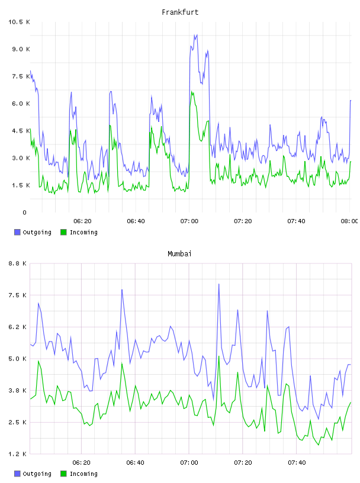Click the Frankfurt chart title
[x=180, y=12]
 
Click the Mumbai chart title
[x=179, y=253]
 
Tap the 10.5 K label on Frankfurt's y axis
[x=19, y=22]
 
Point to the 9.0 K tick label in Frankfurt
[x=21, y=49]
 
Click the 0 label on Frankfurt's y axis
[x=24, y=212]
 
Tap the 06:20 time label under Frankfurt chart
[x=82, y=221]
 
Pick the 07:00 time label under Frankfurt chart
[x=189, y=221]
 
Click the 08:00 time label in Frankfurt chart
[x=349, y=221]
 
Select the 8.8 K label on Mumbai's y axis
[x=17, y=263]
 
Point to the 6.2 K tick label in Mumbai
[x=17, y=327]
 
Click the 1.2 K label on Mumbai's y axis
[x=17, y=454]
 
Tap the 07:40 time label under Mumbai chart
[x=297, y=463]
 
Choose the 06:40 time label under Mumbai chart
[x=136, y=463]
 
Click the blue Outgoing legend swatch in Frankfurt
[x=17, y=232]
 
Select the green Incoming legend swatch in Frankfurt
[x=63, y=232]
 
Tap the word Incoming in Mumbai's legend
[x=83, y=474]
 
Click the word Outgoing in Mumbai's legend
[x=37, y=474]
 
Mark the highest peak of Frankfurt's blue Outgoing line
[x=197, y=35]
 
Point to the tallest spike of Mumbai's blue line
[x=219, y=284]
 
